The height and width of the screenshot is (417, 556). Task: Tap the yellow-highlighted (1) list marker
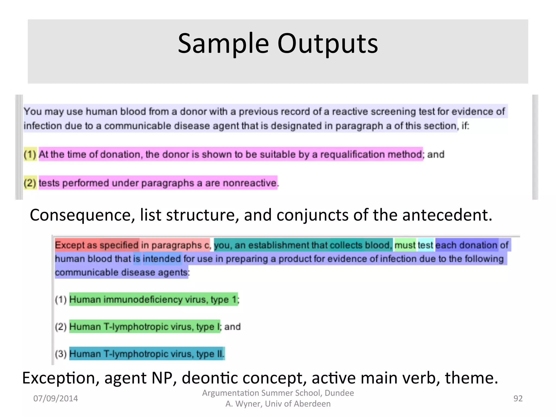pyautogui.click(x=30, y=154)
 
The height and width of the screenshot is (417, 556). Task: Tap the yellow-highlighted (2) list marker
pyautogui.click(x=30, y=183)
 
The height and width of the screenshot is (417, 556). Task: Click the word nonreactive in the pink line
pyautogui.click(x=249, y=183)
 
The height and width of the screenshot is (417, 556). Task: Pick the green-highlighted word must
pyautogui.click(x=405, y=245)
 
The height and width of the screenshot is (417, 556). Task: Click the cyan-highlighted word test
pyautogui.click(x=425, y=245)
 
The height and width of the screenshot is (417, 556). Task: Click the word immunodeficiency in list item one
pyautogui.click(x=143, y=299)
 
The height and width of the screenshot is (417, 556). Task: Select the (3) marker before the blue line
pyautogui.click(x=61, y=354)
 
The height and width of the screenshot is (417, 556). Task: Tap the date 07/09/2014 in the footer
pyautogui.click(x=55, y=398)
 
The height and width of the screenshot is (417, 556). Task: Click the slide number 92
pyautogui.click(x=518, y=398)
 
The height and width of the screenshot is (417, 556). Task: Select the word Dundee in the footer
pyautogui.click(x=339, y=393)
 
